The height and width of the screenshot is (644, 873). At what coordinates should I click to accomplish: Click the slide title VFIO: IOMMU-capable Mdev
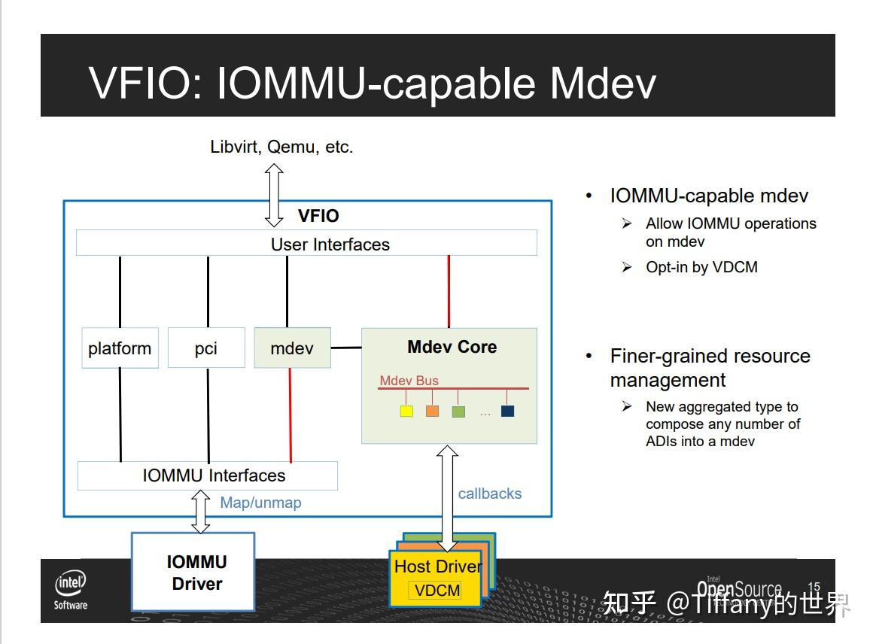click(x=372, y=82)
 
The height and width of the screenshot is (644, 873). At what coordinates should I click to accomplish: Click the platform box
click(x=120, y=348)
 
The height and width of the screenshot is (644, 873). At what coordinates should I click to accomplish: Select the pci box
click(x=206, y=348)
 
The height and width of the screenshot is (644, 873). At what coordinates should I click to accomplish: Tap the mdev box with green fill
click(x=292, y=348)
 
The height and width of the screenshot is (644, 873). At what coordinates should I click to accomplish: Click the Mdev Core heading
click(x=452, y=347)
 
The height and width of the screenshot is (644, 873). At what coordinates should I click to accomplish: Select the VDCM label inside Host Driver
click(x=437, y=591)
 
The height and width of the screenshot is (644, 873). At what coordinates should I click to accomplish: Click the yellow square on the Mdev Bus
click(x=406, y=412)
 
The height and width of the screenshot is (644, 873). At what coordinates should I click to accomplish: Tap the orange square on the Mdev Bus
click(x=432, y=412)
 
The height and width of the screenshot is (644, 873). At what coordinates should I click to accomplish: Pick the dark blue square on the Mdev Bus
click(x=507, y=412)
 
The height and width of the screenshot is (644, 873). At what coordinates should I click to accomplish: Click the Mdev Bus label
click(x=409, y=381)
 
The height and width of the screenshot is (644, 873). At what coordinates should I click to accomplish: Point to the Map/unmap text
click(x=260, y=503)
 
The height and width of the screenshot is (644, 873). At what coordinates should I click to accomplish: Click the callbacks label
click(x=489, y=494)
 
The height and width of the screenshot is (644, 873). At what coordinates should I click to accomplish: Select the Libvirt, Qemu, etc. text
click(x=281, y=147)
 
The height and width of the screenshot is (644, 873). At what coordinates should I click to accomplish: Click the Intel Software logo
click(x=71, y=589)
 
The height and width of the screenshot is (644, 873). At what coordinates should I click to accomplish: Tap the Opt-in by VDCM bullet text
click(x=701, y=267)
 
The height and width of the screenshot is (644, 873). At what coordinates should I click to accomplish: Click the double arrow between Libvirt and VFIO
click(x=274, y=195)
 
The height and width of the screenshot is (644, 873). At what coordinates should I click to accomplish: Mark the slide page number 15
click(x=814, y=587)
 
